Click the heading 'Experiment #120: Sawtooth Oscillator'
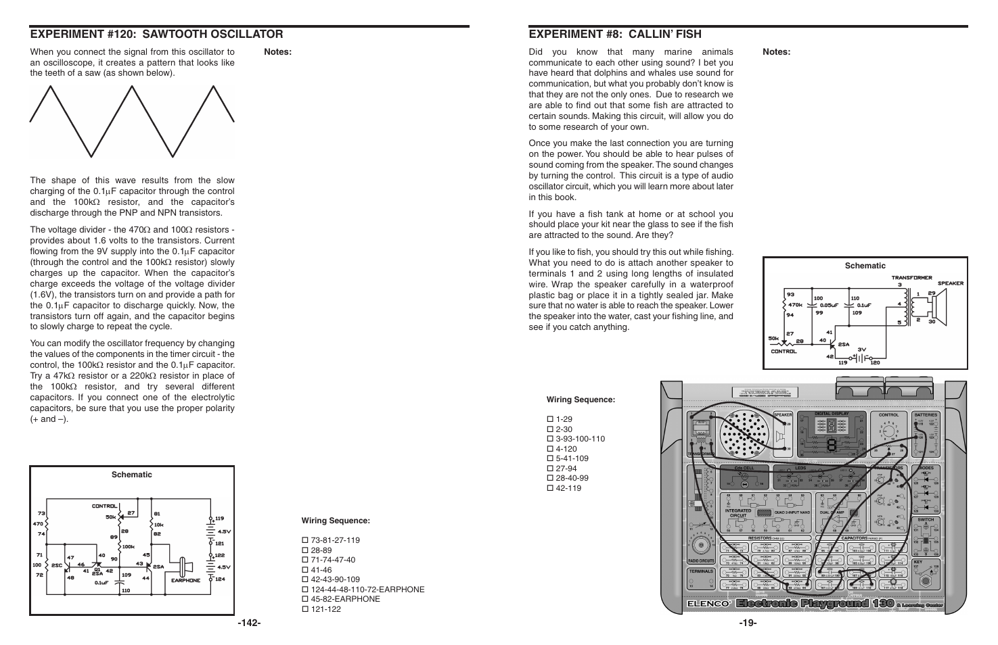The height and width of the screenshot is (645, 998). pyautogui.click(x=156, y=34)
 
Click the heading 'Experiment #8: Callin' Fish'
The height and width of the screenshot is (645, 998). pyautogui.click(x=614, y=34)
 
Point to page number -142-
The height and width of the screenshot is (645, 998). pyautogui.click(x=249, y=623)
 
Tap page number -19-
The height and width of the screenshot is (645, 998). pyautogui.click(x=748, y=623)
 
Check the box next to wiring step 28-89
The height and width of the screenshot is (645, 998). pyautogui.click(x=304, y=550)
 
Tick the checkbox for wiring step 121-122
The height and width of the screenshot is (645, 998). pyautogui.click(x=304, y=609)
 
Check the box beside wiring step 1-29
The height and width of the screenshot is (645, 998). pyautogui.click(x=550, y=419)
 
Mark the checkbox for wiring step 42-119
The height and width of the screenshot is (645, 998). pyautogui.click(x=550, y=488)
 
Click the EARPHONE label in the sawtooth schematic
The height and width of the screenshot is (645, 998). pyautogui.click(x=185, y=580)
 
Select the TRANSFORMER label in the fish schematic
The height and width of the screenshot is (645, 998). pyautogui.click(x=911, y=278)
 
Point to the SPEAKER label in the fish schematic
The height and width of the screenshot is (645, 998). pyautogui.click(x=950, y=283)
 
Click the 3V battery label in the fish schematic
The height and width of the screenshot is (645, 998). pyautogui.click(x=862, y=350)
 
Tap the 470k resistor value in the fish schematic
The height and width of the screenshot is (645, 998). pyautogui.click(x=795, y=305)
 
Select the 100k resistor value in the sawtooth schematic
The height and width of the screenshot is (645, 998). pyautogui.click(x=129, y=546)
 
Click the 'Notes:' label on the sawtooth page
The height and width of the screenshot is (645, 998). pyautogui.click(x=277, y=52)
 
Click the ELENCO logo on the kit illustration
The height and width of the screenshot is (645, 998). pyautogui.click(x=709, y=604)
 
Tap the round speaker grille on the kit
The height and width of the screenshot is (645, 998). pyautogui.click(x=746, y=433)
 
